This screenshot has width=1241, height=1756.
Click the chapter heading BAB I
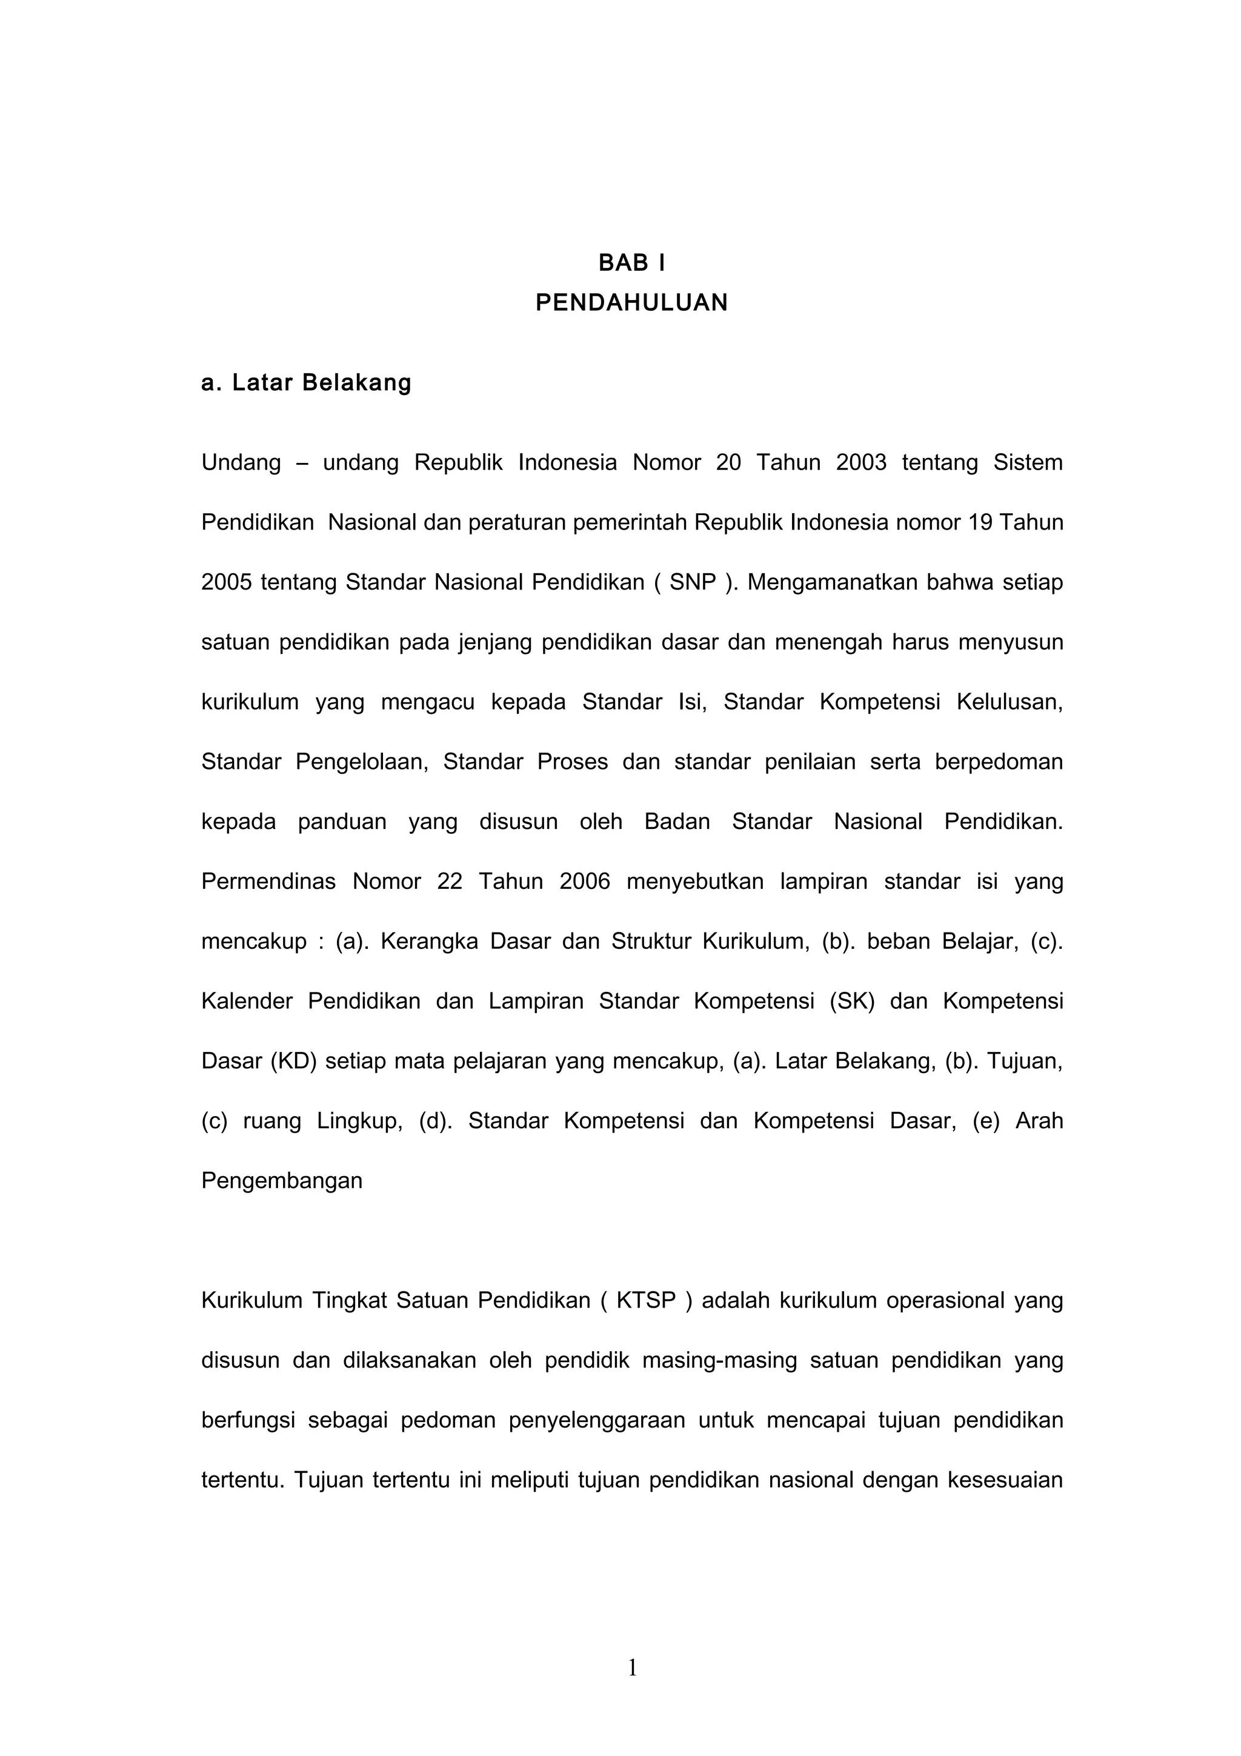pyautogui.click(x=631, y=263)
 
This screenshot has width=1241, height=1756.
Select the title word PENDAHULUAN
pyautogui.click(x=631, y=303)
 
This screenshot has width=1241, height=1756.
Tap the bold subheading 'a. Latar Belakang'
pyautogui.click(x=306, y=382)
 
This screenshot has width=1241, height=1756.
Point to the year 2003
pyautogui.click(x=861, y=463)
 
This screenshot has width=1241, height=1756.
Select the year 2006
pyautogui.click(x=585, y=881)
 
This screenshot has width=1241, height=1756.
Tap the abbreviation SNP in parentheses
pyautogui.click(x=693, y=582)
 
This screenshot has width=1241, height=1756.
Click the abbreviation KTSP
pyautogui.click(x=646, y=1300)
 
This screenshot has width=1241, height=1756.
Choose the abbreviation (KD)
pyautogui.click(x=294, y=1061)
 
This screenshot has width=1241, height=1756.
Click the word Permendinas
pyautogui.click(x=268, y=881)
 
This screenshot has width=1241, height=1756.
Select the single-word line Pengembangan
pyautogui.click(x=281, y=1181)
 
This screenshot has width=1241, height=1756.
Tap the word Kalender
pyautogui.click(x=247, y=1001)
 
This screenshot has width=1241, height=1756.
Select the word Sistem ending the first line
pyautogui.click(x=1028, y=463)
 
